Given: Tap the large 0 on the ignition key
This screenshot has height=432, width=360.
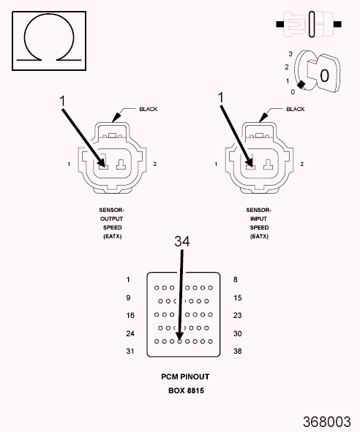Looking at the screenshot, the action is pos(324,75).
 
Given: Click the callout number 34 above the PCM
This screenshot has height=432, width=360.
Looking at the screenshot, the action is pos(182,241).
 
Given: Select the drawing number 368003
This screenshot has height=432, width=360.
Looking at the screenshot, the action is pos(327,422).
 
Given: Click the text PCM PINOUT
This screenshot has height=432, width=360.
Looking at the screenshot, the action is pos(185,376).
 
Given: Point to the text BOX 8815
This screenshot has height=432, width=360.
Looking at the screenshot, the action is pos(186,390).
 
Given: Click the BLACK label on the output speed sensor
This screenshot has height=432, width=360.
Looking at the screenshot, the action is pos(149,109).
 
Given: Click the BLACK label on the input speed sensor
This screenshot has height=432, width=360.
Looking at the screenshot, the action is pos(296,109).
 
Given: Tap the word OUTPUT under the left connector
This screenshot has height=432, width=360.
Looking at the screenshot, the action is pos(112,219).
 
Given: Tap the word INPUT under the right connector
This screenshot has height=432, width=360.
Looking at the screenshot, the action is pos(258,219).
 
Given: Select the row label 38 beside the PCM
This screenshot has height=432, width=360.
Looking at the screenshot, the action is pos(238,351).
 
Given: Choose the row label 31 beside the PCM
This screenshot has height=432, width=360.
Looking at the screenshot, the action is pos(130,351).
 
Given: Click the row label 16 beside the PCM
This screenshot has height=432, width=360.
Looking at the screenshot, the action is pos(130,315).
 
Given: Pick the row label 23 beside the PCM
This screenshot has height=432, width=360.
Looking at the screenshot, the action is pos(238,315).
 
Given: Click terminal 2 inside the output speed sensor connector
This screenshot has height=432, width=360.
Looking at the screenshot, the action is pos(121,164).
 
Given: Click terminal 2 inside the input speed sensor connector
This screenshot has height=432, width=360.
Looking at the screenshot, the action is pos(268,164).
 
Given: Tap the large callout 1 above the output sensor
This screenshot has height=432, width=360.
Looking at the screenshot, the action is pos(63,101).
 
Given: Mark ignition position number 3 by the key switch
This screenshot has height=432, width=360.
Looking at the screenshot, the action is pos(290,53).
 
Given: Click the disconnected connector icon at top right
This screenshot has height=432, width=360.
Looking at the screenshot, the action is pos(309,24).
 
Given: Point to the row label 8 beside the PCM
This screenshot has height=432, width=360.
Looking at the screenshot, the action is pos(236,279).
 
